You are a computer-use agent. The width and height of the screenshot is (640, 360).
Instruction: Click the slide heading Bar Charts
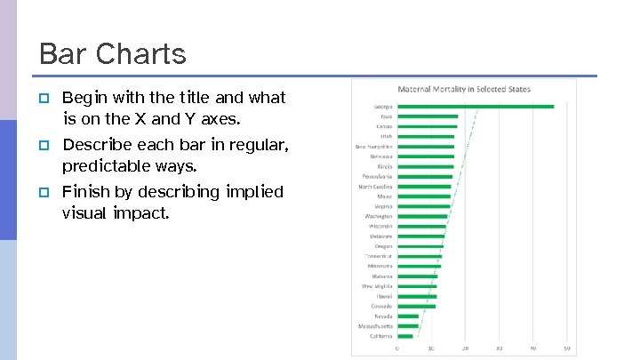click(x=113, y=53)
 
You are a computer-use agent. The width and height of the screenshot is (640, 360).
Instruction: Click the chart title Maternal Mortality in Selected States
click(x=463, y=89)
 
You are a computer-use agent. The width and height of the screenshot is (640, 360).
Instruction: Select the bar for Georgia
click(x=476, y=107)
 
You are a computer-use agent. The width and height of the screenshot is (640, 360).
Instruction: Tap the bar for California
click(x=405, y=336)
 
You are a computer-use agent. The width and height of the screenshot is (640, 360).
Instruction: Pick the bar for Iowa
click(x=428, y=116)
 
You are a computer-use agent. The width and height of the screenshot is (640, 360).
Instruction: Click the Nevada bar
click(x=408, y=316)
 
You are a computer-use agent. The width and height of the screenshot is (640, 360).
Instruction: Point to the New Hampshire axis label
click(x=374, y=146)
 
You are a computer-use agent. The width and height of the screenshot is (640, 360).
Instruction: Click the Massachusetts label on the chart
click(x=375, y=326)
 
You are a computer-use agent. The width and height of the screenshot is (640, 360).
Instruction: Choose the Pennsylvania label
click(x=376, y=176)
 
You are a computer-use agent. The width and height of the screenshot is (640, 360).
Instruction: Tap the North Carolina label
click(x=375, y=187)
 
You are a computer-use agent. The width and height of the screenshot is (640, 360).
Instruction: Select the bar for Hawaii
click(x=417, y=296)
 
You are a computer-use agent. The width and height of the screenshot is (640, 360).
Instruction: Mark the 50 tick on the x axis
click(x=566, y=348)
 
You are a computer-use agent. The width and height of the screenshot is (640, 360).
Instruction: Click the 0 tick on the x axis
click(x=397, y=348)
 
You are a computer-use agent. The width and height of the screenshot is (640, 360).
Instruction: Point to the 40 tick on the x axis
click(x=532, y=348)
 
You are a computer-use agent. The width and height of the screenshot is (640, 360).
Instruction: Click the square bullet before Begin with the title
click(x=43, y=98)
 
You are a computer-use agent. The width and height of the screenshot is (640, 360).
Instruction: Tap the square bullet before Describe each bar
click(x=43, y=145)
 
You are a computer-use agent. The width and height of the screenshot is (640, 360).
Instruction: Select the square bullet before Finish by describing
click(x=43, y=192)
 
